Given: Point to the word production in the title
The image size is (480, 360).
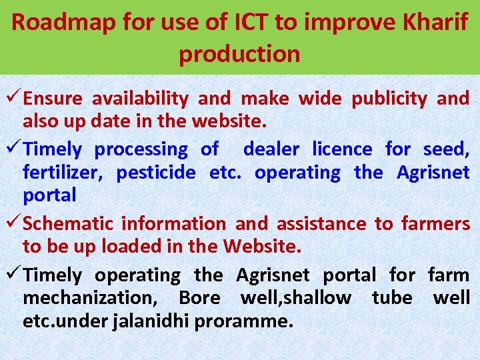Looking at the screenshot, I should click(x=239, y=53).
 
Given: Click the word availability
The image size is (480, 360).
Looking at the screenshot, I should click(x=140, y=99).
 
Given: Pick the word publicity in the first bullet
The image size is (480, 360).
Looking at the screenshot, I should click(x=389, y=99).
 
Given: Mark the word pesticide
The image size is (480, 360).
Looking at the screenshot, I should click(x=156, y=173).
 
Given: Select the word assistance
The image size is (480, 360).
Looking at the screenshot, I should click(x=321, y=224).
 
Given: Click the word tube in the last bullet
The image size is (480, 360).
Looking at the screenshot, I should click(x=392, y=298).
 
